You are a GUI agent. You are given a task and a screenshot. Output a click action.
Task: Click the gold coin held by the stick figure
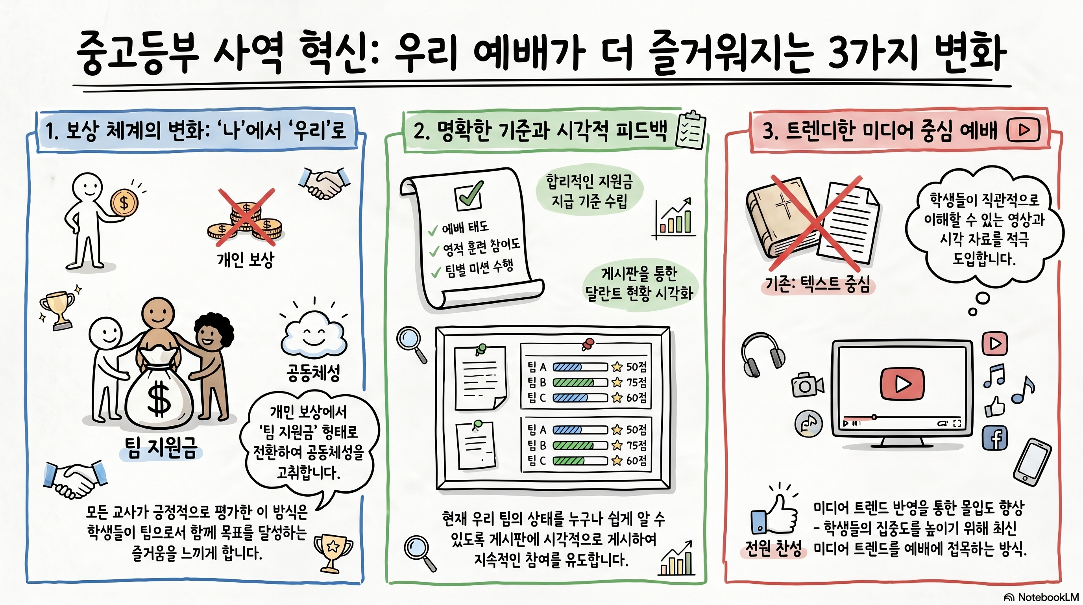click(x=124, y=203)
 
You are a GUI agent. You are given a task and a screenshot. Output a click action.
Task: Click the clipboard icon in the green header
click(x=690, y=130)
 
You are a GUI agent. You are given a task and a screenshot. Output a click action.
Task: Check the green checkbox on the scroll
click(x=468, y=196)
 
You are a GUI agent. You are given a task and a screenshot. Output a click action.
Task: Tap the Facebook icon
click(x=995, y=438)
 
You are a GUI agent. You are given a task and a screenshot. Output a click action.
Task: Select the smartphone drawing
click(x=1032, y=462)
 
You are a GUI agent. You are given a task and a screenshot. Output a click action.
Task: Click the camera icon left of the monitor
click(x=807, y=384)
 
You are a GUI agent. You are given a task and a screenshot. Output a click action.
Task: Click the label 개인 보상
click(x=246, y=260)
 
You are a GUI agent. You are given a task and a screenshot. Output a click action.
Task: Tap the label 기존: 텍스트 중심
click(x=817, y=284)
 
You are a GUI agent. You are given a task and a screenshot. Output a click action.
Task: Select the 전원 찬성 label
click(x=774, y=549)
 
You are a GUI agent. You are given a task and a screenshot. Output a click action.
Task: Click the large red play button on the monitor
click(x=902, y=383)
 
